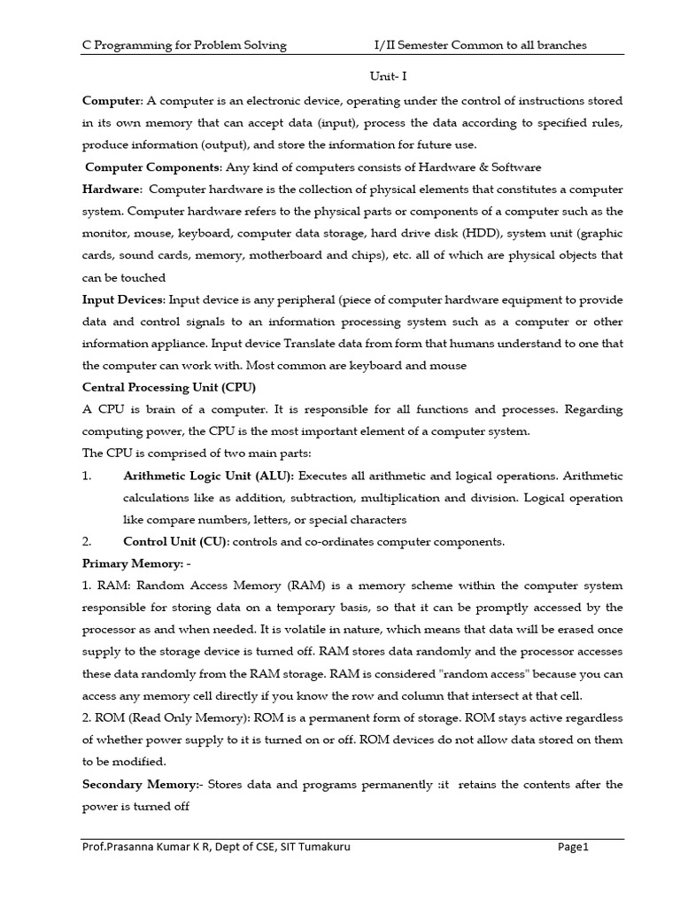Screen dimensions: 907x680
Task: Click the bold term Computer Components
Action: click(153, 167)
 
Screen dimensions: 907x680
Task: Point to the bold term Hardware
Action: click(112, 190)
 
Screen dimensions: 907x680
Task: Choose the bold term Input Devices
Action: click(123, 299)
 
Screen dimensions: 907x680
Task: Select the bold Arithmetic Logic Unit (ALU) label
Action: click(209, 476)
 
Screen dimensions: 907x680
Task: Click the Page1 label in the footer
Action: click(573, 847)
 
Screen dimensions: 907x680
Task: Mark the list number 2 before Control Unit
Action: click(87, 541)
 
